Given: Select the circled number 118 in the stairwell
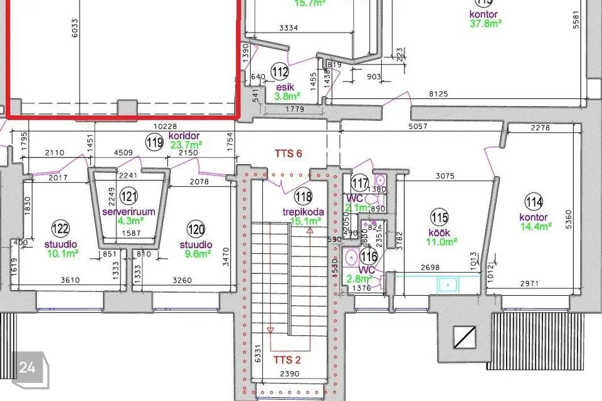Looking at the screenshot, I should [304, 197].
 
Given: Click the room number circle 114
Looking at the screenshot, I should [534, 202].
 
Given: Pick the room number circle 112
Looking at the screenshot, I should [280, 71].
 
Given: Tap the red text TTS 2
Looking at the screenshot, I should [289, 360].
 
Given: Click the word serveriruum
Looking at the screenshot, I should [129, 212].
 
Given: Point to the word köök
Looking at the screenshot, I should [440, 231].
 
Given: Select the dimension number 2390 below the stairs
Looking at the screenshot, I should [289, 375].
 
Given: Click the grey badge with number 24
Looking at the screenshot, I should [27, 367].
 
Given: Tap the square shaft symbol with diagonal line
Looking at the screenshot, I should [465, 338].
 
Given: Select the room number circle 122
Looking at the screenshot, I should [61, 228].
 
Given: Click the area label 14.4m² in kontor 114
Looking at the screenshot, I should [536, 227].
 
